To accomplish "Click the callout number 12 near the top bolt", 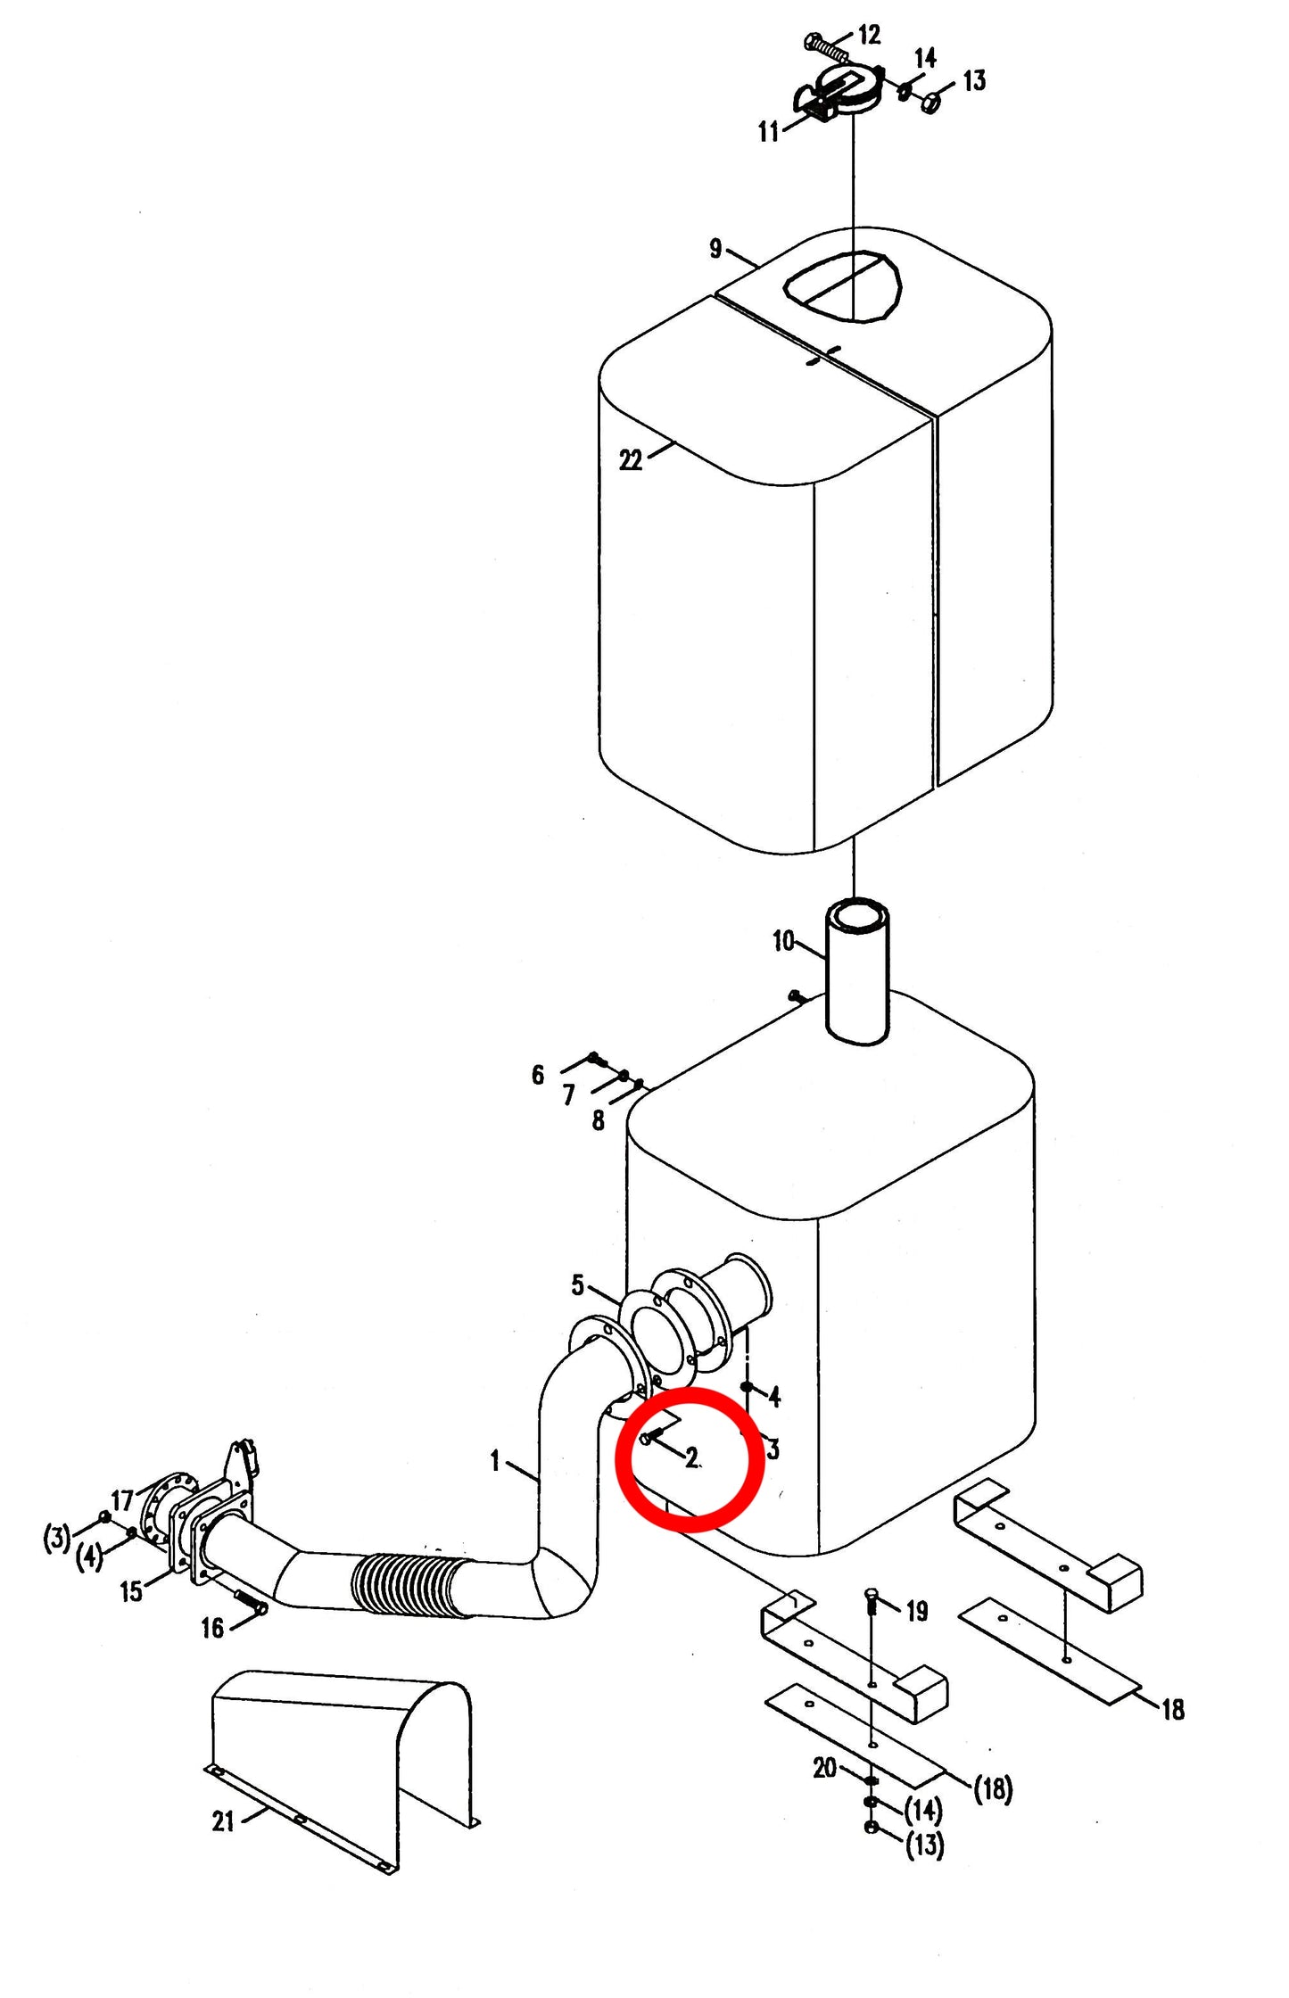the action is point(869,35).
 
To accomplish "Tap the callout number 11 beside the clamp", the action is point(769,132).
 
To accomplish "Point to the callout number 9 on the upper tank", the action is point(715,248).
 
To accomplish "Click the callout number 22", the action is point(631,460).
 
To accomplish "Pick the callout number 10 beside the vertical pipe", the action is point(783,941).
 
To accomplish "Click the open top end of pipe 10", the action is point(855,916).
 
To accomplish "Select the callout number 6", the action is point(537,1075).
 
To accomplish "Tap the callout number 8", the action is point(598,1120).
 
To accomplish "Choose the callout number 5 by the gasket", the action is point(577,1285).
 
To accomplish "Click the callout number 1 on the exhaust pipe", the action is point(495,1461).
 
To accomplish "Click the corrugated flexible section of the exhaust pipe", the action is point(411,1586).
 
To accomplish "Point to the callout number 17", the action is point(122,1500).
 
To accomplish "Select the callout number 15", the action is point(131,1591).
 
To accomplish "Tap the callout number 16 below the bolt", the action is point(212,1629).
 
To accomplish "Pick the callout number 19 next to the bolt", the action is point(917,1611).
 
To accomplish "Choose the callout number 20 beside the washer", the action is point(825,1768).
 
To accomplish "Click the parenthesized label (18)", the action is point(993,1788).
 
